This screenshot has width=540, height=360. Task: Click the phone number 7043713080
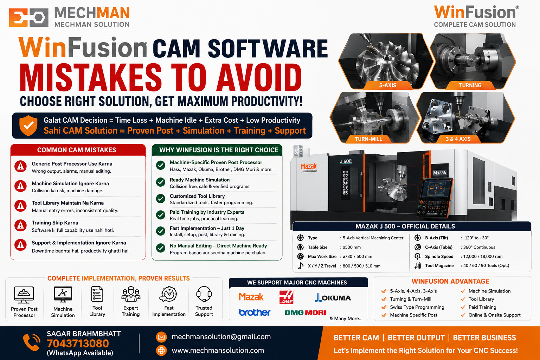click(78, 343)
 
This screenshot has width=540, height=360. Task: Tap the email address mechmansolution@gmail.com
click(221, 336)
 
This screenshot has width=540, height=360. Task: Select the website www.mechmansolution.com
click(218, 350)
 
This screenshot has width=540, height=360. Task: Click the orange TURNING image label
click(470, 85)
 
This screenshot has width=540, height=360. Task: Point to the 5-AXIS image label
click(387, 85)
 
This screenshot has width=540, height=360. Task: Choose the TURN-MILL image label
click(368, 139)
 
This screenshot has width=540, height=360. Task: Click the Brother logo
click(255, 312)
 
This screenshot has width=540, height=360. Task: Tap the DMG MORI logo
click(305, 313)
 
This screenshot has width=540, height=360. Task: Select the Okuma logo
click(333, 297)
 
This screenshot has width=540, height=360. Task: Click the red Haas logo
click(286, 297)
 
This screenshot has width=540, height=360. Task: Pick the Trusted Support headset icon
click(204, 294)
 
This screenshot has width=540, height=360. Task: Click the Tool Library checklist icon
click(97, 294)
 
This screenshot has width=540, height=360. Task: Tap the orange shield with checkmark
click(28, 126)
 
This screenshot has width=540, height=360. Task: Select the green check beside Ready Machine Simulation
click(161, 182)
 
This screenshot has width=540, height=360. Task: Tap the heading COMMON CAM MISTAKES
click(77, 150)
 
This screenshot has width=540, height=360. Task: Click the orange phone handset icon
click(32, 342)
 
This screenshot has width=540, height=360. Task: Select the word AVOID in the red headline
click(259, 78)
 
